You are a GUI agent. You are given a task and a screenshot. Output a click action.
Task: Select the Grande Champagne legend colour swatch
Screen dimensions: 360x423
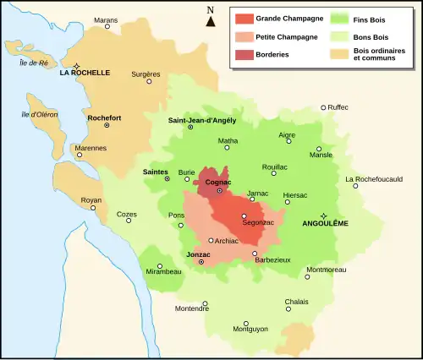click(245, 18)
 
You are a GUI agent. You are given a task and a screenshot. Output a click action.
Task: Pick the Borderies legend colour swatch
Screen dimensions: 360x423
click(245, 54)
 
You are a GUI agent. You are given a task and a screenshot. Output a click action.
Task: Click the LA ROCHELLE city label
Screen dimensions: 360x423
click(85, 74)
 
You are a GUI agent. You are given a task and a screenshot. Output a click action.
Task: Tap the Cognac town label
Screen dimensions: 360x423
click(220, 182)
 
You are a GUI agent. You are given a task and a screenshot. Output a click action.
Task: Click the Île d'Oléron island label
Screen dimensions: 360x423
click(37, 115)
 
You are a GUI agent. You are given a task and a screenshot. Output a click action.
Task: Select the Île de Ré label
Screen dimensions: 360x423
click(31, 63)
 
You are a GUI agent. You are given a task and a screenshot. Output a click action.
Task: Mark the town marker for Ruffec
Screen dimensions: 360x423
click(323, 107)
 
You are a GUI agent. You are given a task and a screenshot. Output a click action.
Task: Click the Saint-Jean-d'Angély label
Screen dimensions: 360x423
click(201, 120)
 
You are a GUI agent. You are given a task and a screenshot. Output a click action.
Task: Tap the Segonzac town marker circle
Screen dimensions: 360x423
click(244, 215)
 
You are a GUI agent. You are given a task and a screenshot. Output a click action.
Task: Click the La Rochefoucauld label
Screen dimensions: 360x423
click(374, 179)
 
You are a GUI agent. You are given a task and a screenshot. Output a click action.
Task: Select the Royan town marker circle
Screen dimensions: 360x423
click(93, 208)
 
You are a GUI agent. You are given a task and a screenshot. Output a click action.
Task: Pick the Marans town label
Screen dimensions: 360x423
click(106, 19)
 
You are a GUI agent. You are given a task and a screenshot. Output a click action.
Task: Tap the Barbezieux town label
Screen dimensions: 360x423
click(272, 260)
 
